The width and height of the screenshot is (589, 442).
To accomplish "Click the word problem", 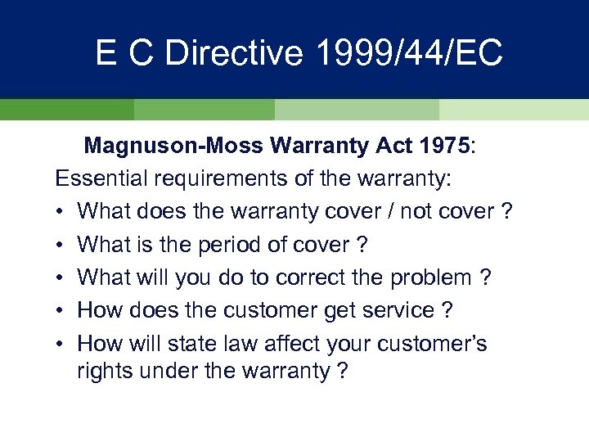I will pos(434,277).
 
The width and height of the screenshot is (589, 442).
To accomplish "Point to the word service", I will pos(400,310).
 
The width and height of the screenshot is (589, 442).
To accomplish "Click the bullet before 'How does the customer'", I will pos(61,310).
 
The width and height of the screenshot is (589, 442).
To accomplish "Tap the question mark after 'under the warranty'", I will pos(341,371).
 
